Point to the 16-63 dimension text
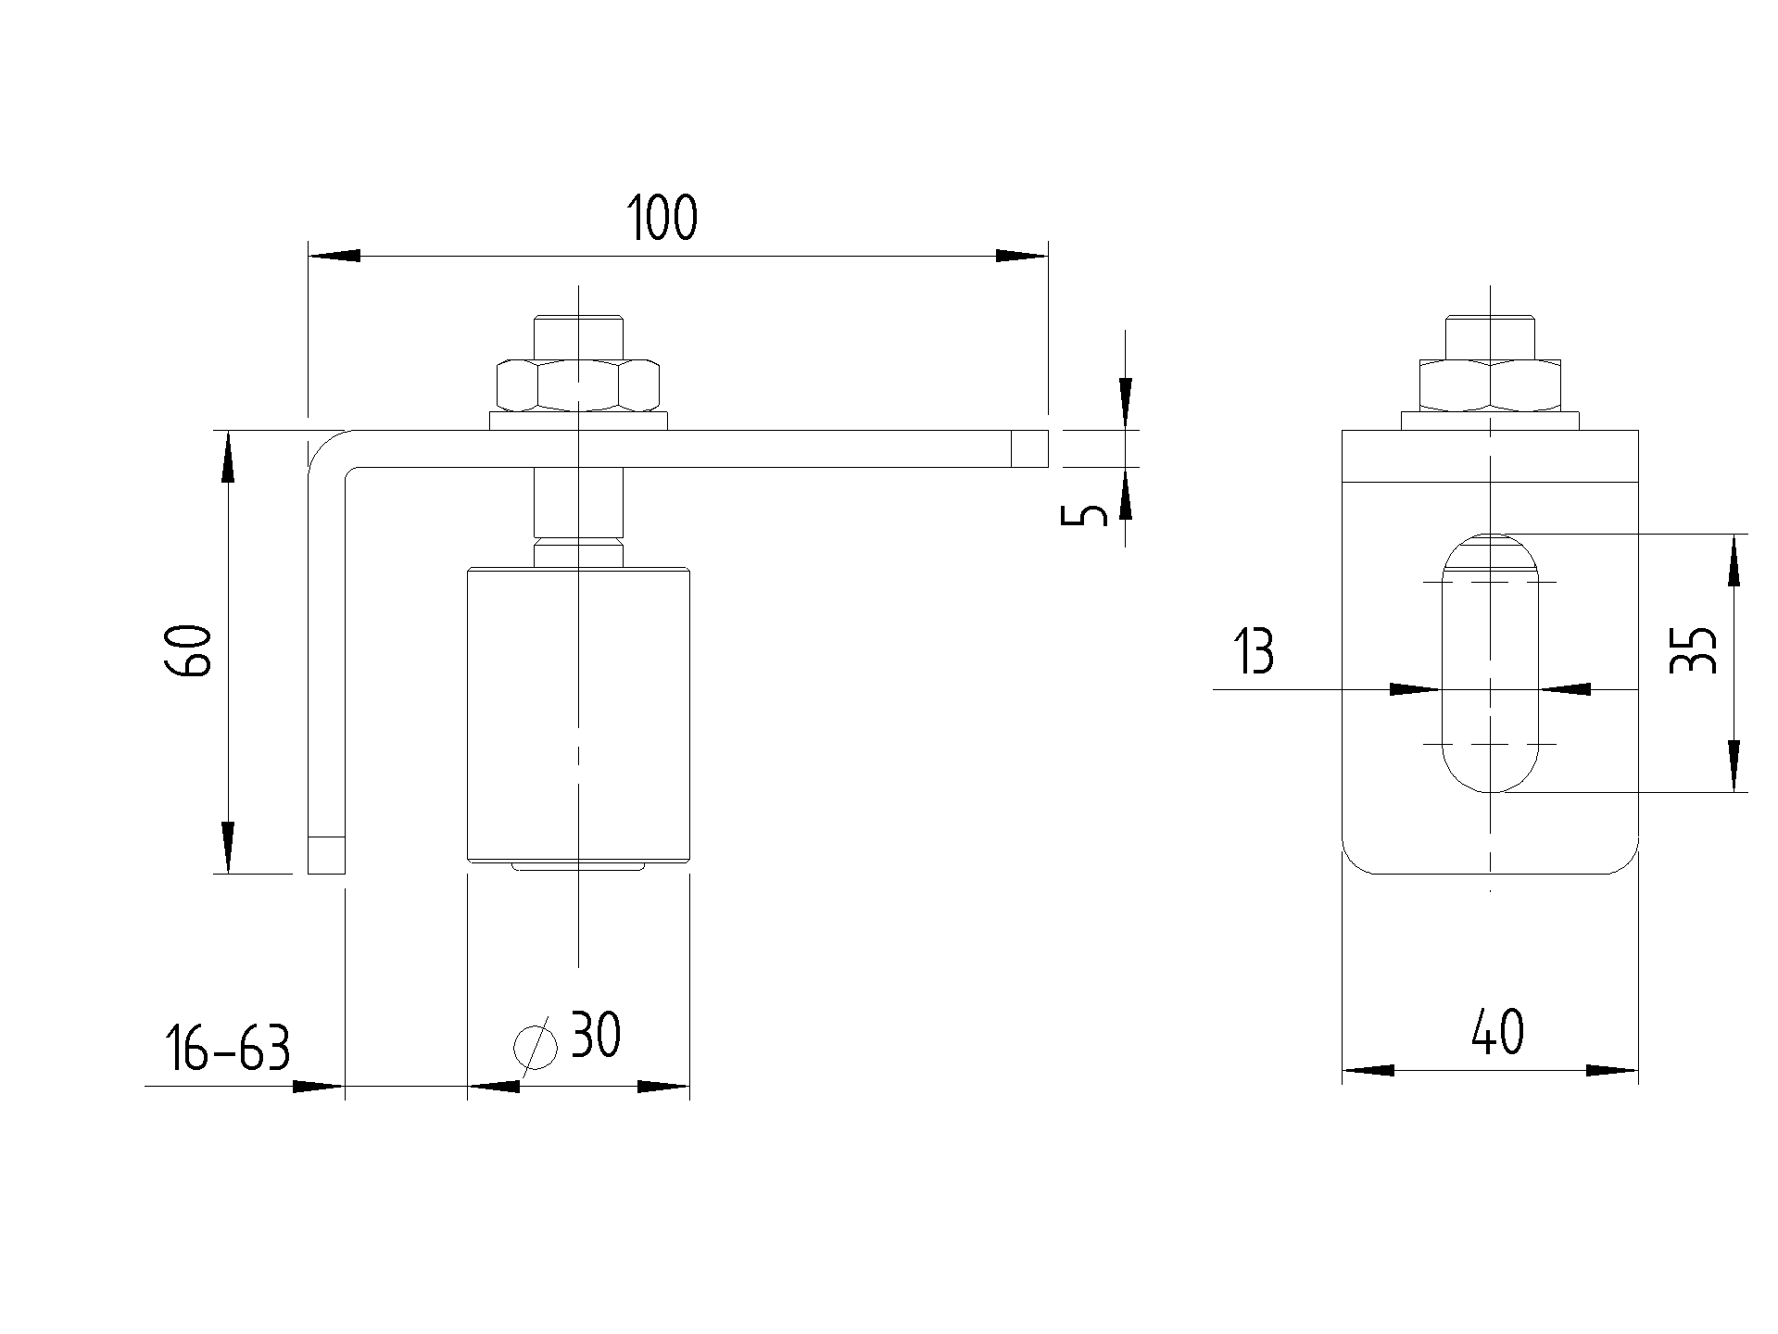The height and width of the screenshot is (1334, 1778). point(228,1049)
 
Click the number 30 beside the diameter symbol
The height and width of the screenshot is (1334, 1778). point(596,1035)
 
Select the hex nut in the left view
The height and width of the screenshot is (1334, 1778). point(578,384)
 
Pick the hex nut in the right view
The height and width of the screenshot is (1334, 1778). point(1490,384)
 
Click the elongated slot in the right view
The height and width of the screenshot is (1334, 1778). point(1489,663)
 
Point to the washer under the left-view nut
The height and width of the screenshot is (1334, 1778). point(578,422)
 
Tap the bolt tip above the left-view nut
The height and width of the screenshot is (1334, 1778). point(578,334)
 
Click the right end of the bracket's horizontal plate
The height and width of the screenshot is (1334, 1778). point(1029,448)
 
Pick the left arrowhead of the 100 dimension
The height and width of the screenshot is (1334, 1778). point(334,256)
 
